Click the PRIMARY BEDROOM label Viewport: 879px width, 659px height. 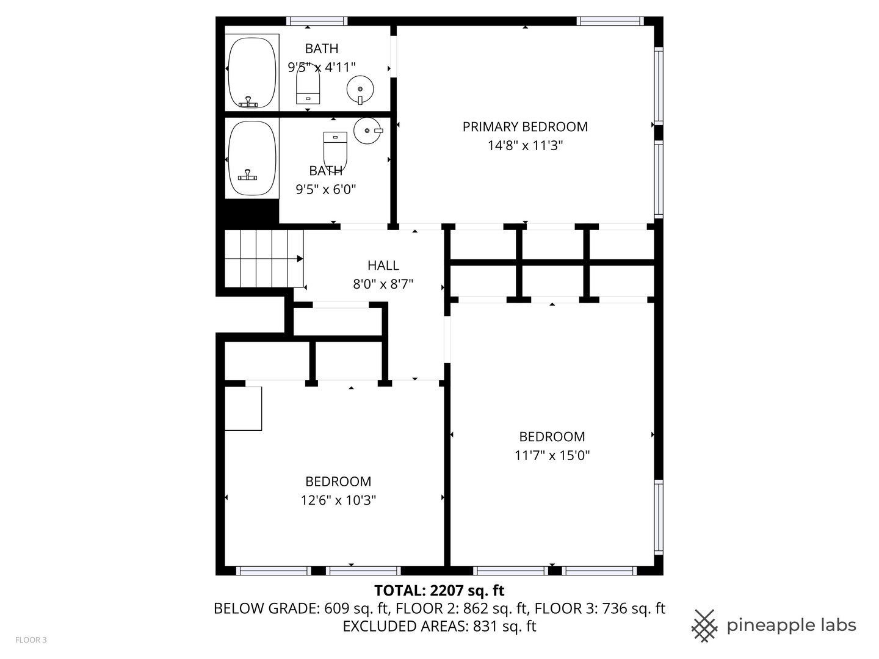[x=525, y=127]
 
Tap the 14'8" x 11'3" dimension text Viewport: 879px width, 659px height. [x=525, y=146]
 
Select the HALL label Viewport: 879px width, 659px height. [x=383, y=265]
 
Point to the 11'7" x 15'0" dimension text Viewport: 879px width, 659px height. [x=552, y=455]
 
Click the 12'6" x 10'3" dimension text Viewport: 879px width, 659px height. [x=338, y=500]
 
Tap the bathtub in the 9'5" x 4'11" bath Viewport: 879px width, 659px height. [x=251, y=73]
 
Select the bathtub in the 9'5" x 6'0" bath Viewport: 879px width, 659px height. [x=251, y=159]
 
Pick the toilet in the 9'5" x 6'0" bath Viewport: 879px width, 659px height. [x=335, y=149]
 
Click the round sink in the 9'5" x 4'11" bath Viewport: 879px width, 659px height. [x=360, y=90]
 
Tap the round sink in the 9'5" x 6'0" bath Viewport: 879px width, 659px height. [x=367, y=130]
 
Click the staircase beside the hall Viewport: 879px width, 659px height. [x=264, y=258]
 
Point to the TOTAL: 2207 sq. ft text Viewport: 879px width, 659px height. [x=439, y=591]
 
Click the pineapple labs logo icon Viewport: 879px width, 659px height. [x=704, y=625]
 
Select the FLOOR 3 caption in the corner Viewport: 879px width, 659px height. [x=31, y=640]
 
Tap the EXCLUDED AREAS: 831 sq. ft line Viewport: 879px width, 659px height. [x=439, y=627]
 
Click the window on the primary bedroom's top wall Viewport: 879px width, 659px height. [x=610, y=21]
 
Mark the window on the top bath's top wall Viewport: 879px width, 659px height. [x=317, y=21]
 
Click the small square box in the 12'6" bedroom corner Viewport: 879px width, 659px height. [x=244, y=408]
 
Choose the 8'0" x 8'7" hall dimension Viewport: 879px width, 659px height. [x=383, y=284]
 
